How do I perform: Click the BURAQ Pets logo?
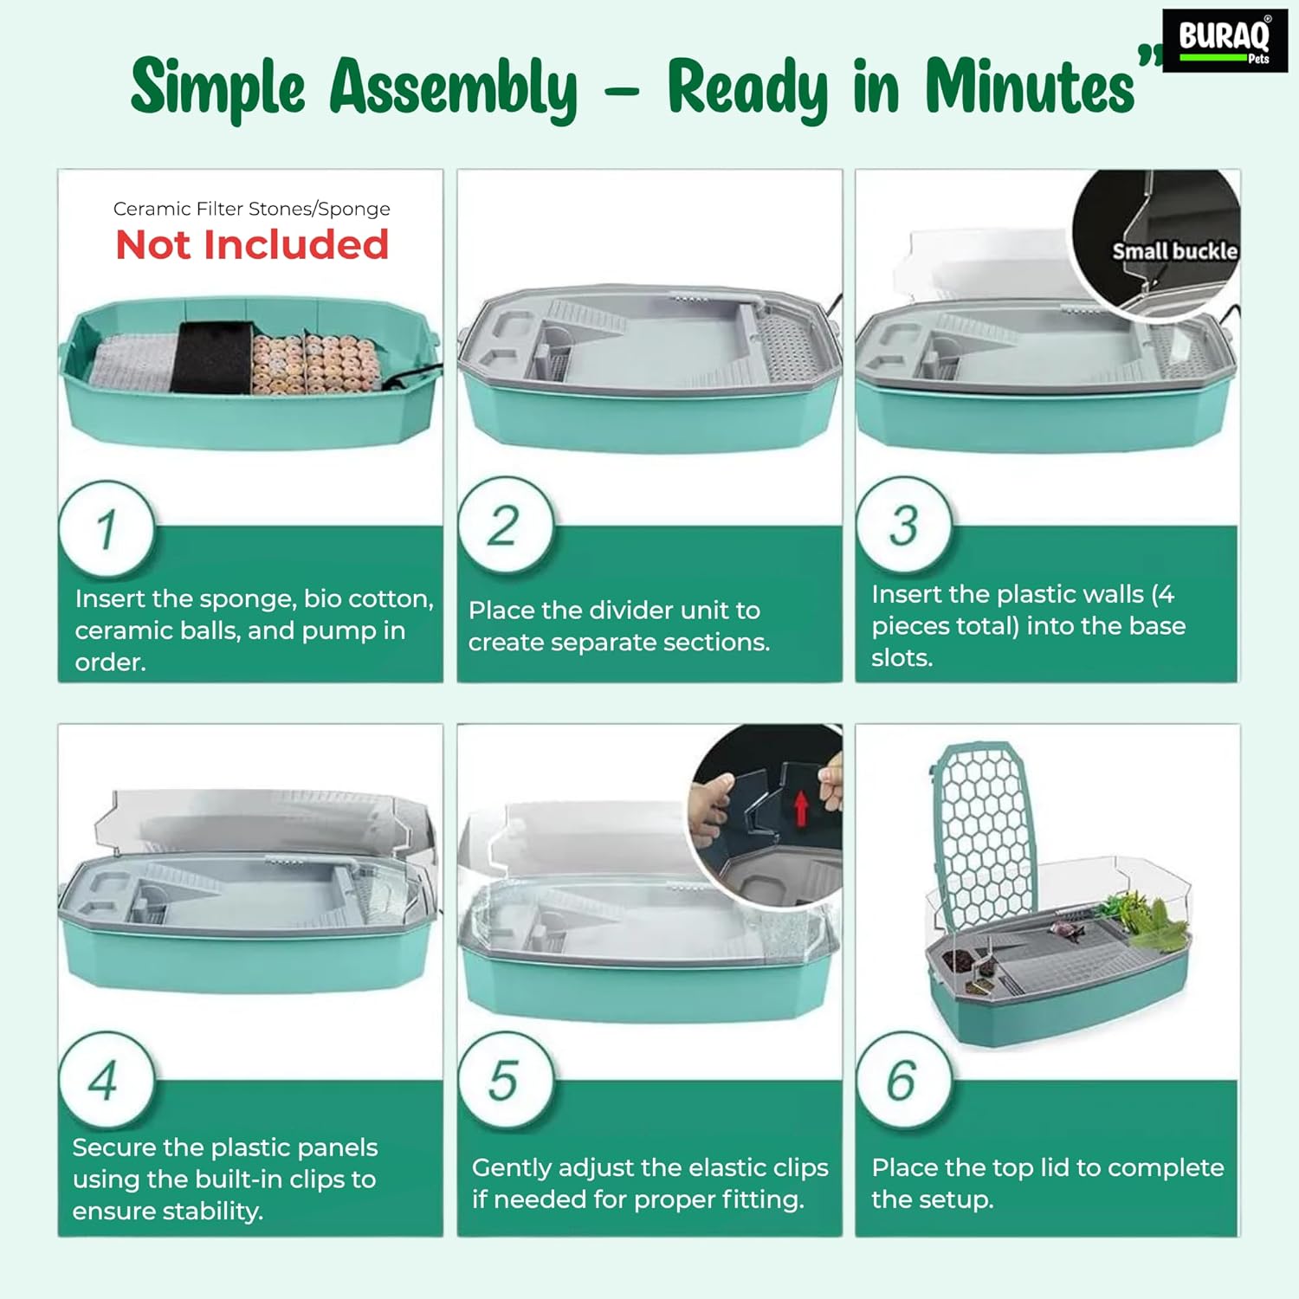tap(1225, 41)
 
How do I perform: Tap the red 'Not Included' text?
tap(252, 245)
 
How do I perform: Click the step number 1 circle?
tap(107, 529)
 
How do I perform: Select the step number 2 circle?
tap(505, 525)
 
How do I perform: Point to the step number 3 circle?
tap(903, 525)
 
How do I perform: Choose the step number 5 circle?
tap(505, 1080)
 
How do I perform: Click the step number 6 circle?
tap(903, 1080)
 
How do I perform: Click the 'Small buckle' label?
tap(1175, 251)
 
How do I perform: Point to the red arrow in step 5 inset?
tap(801, 808)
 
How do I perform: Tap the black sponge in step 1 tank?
tap(211, 357)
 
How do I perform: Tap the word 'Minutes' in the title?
tap(1030, 87)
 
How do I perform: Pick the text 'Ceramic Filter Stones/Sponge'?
tap(252, 209)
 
